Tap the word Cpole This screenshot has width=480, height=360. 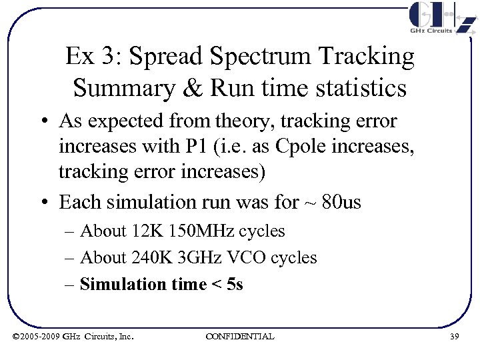301,147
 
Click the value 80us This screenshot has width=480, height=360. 341,201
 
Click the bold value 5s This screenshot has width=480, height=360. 235,285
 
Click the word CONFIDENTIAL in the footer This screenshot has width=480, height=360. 239,337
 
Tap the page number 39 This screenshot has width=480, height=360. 454,337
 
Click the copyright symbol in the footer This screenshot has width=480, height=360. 16,337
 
